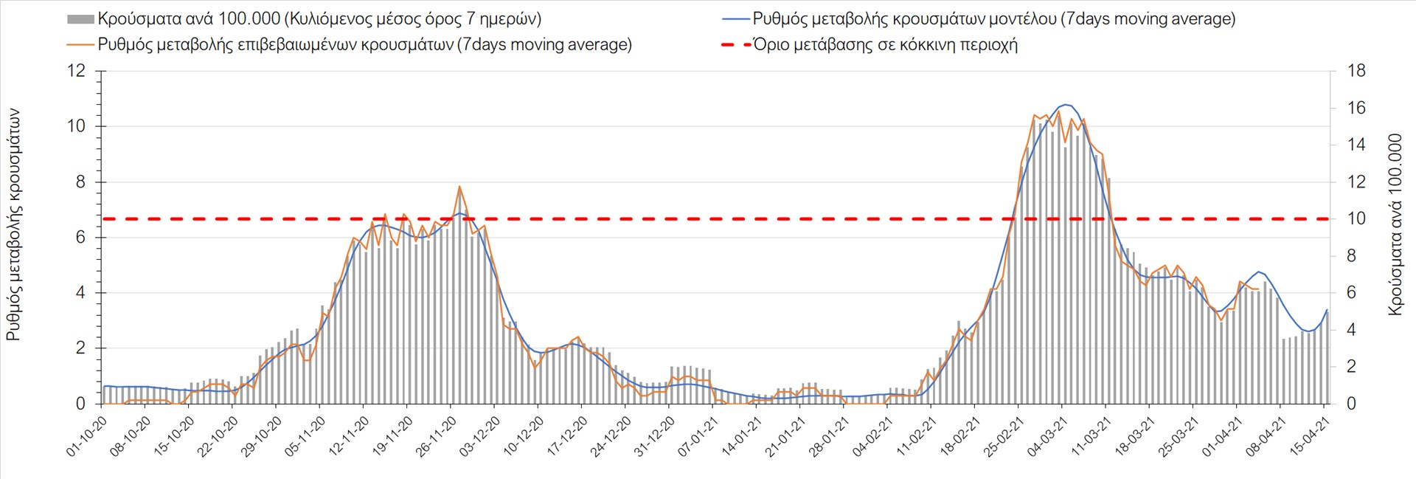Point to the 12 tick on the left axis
[x=76, y=71]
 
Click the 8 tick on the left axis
[x=80, y=182]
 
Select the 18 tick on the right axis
[x=1356, y=71]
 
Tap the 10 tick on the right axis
[x=1356, y=218]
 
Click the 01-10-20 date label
[x=88, y=435]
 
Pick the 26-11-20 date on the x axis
[x=437, y=435]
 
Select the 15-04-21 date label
[x=1311, y=435]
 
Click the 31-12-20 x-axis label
[x=656, y=435]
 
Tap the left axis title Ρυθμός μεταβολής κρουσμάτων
[x=13, y=224]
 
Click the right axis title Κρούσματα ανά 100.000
[x=1395, y=224]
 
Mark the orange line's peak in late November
[x=459, y=187]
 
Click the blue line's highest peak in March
[x=1066, y=105]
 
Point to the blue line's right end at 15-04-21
[x=1327, y=310]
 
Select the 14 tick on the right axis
[x=1356, y=145]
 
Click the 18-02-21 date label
[x=961, y=435]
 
